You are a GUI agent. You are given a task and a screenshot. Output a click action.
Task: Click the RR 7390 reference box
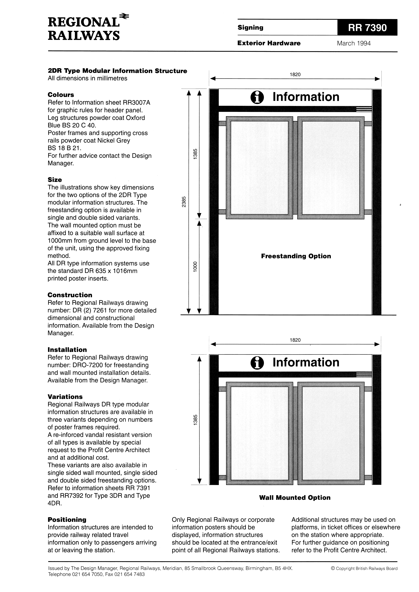tap(367, 28)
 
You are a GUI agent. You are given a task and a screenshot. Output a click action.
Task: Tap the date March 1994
tap(354, 43)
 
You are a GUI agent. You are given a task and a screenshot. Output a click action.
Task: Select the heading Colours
tap(61, 95)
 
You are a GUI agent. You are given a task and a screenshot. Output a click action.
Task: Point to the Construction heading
tap(70, 295)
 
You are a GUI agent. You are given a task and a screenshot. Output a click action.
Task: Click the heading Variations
tap(65, 397)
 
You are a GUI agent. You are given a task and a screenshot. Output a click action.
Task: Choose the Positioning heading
tap(67, 520)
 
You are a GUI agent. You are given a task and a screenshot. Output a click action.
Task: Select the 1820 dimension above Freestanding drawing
tap(295, 75)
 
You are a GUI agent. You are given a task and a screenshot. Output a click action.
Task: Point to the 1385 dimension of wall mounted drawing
tap(195, 420)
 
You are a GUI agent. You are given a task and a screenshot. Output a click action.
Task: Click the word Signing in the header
tap(250, 28)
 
